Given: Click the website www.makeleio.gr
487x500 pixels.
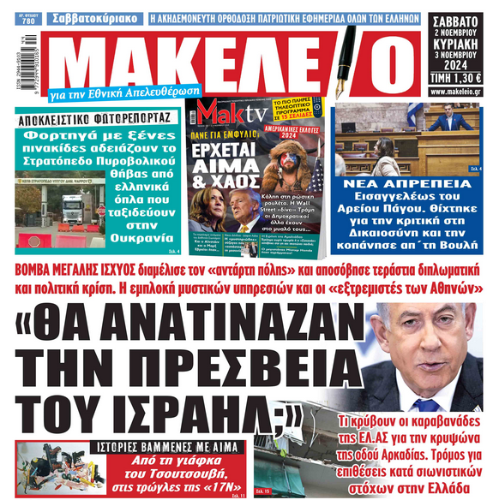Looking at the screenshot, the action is click(x=455, y=91).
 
